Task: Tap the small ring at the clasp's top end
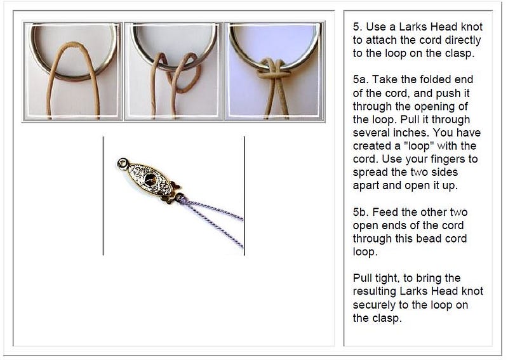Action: pyautogui.click(x=123, y=163)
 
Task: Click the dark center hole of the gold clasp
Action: pyautogui.click(x=150, y=180)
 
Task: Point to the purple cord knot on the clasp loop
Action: pyautogui.click(x=180, y=197)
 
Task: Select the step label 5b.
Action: pyautogui.click(x=362, y=212)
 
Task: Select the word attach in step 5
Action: pyautogui.click(x=380, y=41)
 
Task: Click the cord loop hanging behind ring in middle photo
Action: pyautogui.click(x=186, y=76)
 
